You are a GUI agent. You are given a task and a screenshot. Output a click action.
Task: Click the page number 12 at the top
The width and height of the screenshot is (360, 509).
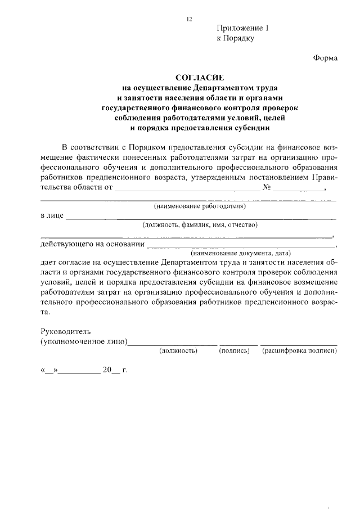coord(190,19)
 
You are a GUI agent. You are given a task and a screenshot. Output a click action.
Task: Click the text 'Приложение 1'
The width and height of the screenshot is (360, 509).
coord(243,28)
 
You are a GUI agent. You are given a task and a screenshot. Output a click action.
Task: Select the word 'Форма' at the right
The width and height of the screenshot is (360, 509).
coord(325,58)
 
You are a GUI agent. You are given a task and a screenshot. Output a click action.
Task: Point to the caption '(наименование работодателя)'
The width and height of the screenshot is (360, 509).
coord(200,206)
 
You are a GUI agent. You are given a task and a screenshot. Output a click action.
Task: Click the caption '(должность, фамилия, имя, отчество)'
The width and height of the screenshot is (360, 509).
coord(200,225)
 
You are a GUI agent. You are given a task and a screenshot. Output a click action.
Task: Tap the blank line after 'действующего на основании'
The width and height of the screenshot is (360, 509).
coord(239,246)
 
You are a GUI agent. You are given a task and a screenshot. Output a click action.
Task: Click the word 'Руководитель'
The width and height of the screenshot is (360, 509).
coord(65,332)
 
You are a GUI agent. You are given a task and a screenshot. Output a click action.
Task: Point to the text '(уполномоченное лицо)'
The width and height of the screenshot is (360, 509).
coord(84,342)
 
